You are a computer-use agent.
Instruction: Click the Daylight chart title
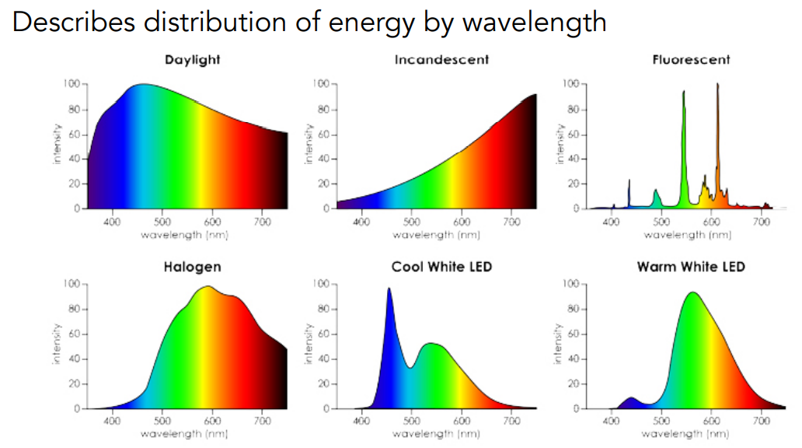pos(192,60)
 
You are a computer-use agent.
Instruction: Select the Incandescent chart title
pos(441,60)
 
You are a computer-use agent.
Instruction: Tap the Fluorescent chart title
pos(691,60)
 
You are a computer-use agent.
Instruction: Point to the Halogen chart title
pos(192,267)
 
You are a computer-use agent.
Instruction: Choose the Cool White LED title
pos(441,267)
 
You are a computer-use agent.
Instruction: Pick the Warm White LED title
pos(691,267)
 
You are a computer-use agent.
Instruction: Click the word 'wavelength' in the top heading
pos(534,22)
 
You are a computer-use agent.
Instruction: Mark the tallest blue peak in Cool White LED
pos(389,290)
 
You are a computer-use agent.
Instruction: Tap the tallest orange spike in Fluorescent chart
pos(717,86)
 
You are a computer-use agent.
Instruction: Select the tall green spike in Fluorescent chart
pos(684,93)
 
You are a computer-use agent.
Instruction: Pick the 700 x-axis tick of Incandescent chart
pos(511,222)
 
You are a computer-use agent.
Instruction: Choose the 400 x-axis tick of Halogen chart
pos(112,422)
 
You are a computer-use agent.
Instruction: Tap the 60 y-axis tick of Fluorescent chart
pos(574,134)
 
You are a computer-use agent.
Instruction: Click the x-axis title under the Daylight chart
pos(186,234)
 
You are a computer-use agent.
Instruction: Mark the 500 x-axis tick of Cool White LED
pos(411,422)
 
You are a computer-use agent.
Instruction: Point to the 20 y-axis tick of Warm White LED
pos(574,383)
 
